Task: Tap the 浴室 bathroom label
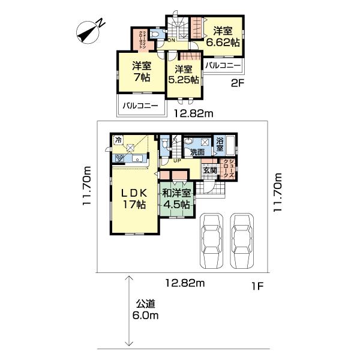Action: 220,144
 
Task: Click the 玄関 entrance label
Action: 209,170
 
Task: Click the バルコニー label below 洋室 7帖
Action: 140,106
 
